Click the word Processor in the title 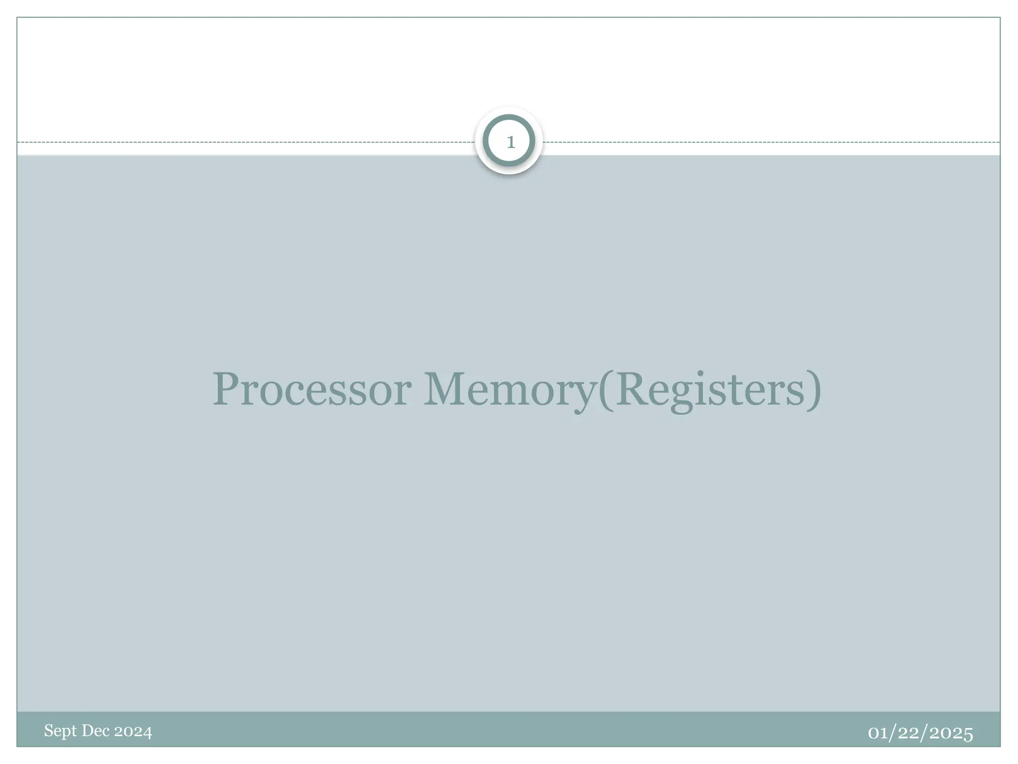click(x=312, y=389)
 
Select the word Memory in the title click(x=509, y=389)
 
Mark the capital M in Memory click(x=445, y=388)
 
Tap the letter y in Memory click(x=585, y=395)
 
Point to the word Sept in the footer click(x=61, y=731)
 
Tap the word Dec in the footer click(x=95, y=731)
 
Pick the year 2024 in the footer click(x=133, y=731)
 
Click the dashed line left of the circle click(x=249, y=142)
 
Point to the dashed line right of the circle click(x=770, y=142)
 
